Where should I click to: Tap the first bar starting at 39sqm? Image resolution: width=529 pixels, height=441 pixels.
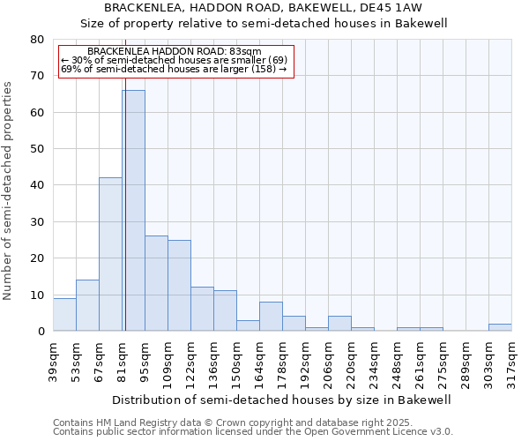(64, 314)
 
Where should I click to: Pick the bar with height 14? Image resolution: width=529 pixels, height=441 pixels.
(87, 305)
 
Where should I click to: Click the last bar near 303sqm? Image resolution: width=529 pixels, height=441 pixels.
(500, 327)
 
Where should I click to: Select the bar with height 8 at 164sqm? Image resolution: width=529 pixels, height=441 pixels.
(271, 316)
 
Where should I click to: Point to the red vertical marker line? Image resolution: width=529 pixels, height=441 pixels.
(125, 220)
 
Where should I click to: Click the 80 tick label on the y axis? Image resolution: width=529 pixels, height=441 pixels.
(37, 40)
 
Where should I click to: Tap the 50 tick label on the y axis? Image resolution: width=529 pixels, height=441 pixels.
(37, 149)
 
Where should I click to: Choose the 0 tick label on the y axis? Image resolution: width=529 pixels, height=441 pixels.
(41, 332)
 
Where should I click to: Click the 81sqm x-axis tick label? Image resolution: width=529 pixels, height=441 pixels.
(123, 361)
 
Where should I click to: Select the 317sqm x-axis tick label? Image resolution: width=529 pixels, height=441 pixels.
(512, 361)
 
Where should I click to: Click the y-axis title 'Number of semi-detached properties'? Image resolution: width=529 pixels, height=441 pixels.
(8, 191)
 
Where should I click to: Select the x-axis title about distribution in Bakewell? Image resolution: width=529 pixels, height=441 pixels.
(282, 400)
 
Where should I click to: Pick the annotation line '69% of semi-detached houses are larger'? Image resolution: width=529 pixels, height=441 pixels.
(174, 69)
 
